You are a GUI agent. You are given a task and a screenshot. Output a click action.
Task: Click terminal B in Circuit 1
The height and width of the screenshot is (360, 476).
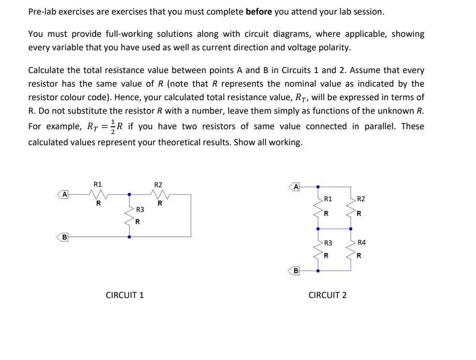click(63, 237)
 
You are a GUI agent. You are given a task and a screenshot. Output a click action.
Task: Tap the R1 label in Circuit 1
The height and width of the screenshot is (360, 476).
click(98, 184)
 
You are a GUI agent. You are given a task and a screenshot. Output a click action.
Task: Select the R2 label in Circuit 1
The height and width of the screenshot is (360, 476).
click(158, 184)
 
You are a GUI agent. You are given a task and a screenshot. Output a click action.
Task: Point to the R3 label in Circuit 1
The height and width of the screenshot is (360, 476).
click(140, 210)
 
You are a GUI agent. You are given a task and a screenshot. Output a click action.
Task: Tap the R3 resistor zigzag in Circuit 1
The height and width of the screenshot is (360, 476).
click(129, 215)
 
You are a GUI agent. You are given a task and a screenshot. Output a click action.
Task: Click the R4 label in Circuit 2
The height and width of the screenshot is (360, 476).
click(361, 242)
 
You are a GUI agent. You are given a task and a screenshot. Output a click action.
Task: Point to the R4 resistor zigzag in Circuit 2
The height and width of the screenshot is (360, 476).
click(350, 249)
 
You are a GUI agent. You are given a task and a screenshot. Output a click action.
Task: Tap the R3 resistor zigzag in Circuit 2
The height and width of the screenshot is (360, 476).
click(318, 249)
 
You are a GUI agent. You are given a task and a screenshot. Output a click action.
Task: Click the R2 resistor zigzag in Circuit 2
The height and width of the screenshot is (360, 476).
click(350, 207)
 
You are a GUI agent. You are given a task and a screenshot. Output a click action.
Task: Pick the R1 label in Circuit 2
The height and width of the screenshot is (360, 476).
click(328, 199)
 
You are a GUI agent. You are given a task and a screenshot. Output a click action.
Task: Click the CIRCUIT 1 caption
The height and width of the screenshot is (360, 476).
click(125, 295)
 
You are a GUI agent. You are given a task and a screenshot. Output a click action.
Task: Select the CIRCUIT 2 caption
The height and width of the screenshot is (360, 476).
click(327, 295)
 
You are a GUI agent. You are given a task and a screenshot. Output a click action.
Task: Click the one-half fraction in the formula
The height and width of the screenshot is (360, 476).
click(113, 126)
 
